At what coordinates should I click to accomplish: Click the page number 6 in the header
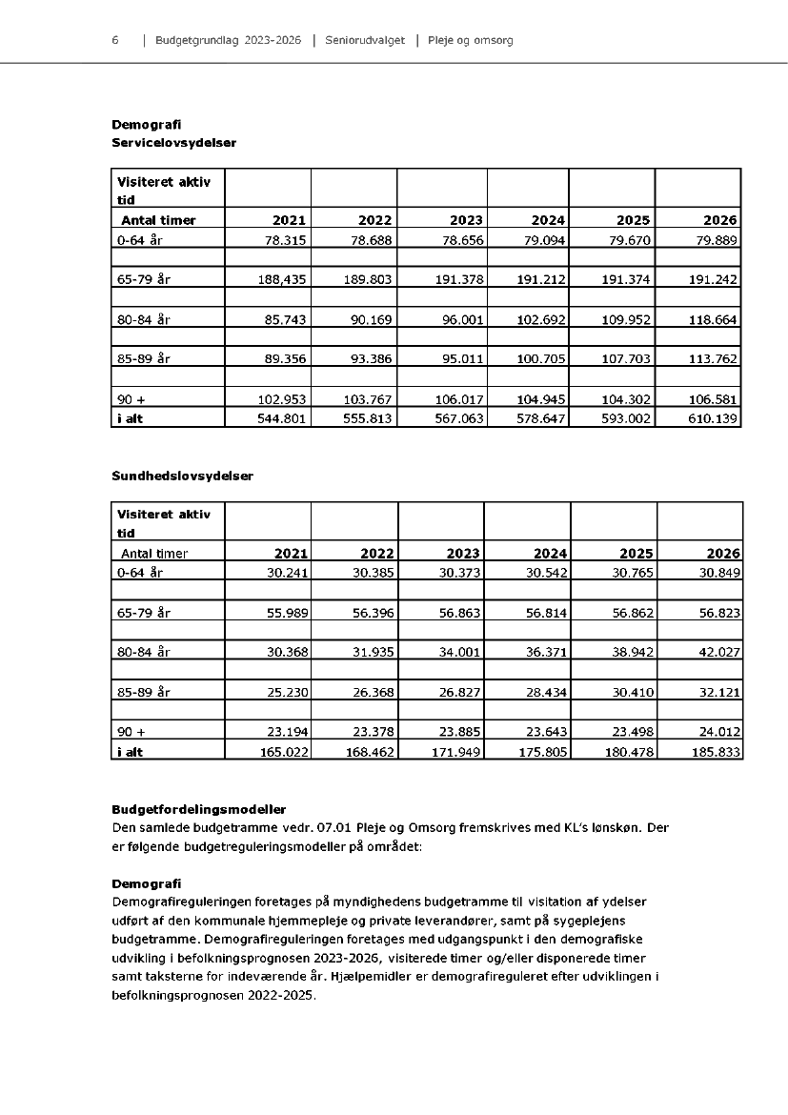115,41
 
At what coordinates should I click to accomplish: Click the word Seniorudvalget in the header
364,41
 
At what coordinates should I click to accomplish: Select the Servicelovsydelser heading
173,143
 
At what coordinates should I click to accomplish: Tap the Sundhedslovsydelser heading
182,476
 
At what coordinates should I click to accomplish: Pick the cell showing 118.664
713,320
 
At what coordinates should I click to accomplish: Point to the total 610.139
713,417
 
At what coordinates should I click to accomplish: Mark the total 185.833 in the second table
716,752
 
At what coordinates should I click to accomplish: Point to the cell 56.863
459,614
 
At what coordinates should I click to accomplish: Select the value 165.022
283,752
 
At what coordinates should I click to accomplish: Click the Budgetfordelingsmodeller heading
198,810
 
